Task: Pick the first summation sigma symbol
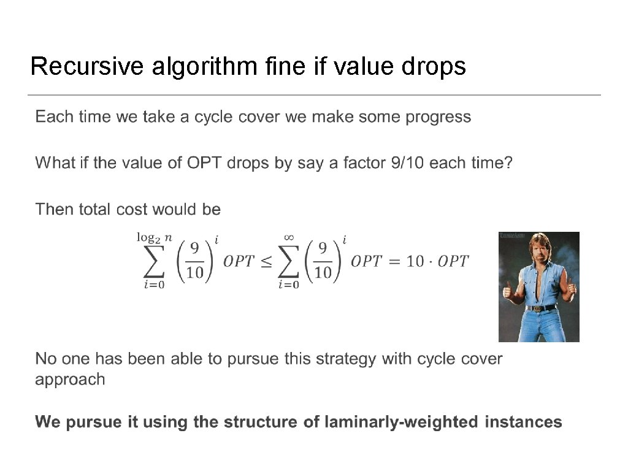coord(154,262)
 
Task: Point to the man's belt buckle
coord(540,308)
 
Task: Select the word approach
coord(70,380)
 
